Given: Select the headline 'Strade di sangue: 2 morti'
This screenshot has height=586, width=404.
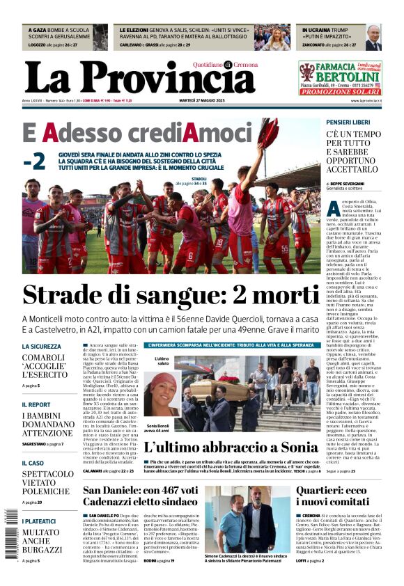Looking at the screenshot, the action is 171,294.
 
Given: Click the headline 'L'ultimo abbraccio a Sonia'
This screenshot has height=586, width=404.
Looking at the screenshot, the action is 230,447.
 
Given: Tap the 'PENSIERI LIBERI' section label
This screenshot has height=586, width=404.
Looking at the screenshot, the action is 348,122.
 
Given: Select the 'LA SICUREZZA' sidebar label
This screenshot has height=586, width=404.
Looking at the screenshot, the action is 41,346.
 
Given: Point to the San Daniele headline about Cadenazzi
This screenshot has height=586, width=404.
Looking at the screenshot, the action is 139,498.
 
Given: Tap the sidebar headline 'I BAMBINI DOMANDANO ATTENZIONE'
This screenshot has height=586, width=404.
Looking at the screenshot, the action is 47,424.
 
